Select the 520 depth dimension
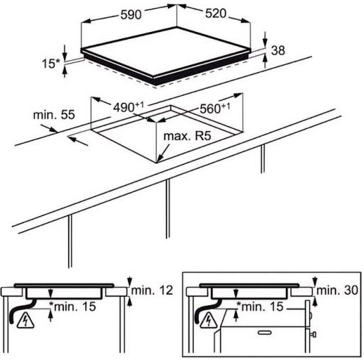click(216, 14)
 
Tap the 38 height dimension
click(278, 50)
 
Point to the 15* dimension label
click(51, 64)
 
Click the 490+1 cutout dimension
click(129, 107)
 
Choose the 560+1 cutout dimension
click(215, 108)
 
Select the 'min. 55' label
click(54, 115)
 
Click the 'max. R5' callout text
click(187, 136)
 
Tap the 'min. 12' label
click(152, 290)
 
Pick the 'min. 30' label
click(337, 290)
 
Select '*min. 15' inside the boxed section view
click(260, 307)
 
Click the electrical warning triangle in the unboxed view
click(26, 321)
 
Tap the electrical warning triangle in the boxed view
click(209, 321)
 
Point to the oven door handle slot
click(265, 333)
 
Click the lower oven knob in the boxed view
click(313, 334)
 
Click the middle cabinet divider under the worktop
click(167, 209)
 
